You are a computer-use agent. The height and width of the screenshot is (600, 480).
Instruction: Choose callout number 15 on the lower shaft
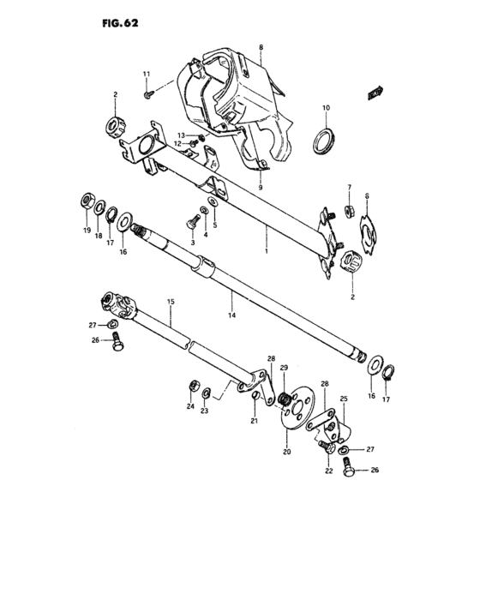click(170, 303)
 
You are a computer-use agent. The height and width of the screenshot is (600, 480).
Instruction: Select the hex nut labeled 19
click(87, 202)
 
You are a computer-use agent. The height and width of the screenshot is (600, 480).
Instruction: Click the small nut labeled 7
click(350, 211)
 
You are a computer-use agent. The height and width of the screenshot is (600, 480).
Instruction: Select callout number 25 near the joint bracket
click(344, 399)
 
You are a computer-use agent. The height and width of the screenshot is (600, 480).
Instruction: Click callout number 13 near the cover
click(182, 135)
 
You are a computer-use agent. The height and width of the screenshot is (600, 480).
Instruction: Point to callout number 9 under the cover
click(261, 188)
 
